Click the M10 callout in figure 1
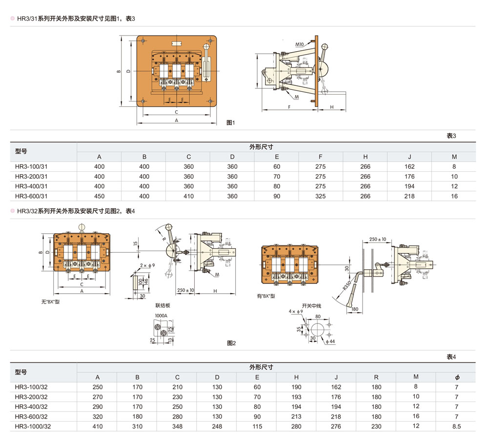coord(299,44)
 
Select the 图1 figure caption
coord(231,122)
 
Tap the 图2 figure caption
coord(231,343)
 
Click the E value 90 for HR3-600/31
coord(277,196)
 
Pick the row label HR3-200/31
coord(31,177)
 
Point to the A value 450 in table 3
coord(99,196)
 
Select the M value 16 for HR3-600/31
coord(454,196)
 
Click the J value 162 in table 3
coord(409,167)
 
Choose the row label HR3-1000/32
coord(33,426)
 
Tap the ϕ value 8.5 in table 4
coord(457,426)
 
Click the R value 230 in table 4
coord(376,426)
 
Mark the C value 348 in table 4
coord(177,426)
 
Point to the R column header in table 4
coord(376,377)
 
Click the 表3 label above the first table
coord(450,136)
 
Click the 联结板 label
coord(163,305)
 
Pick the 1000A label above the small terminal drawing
coord(161,316)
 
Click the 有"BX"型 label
coord(266,296)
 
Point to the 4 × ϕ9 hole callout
coord(296,311)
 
